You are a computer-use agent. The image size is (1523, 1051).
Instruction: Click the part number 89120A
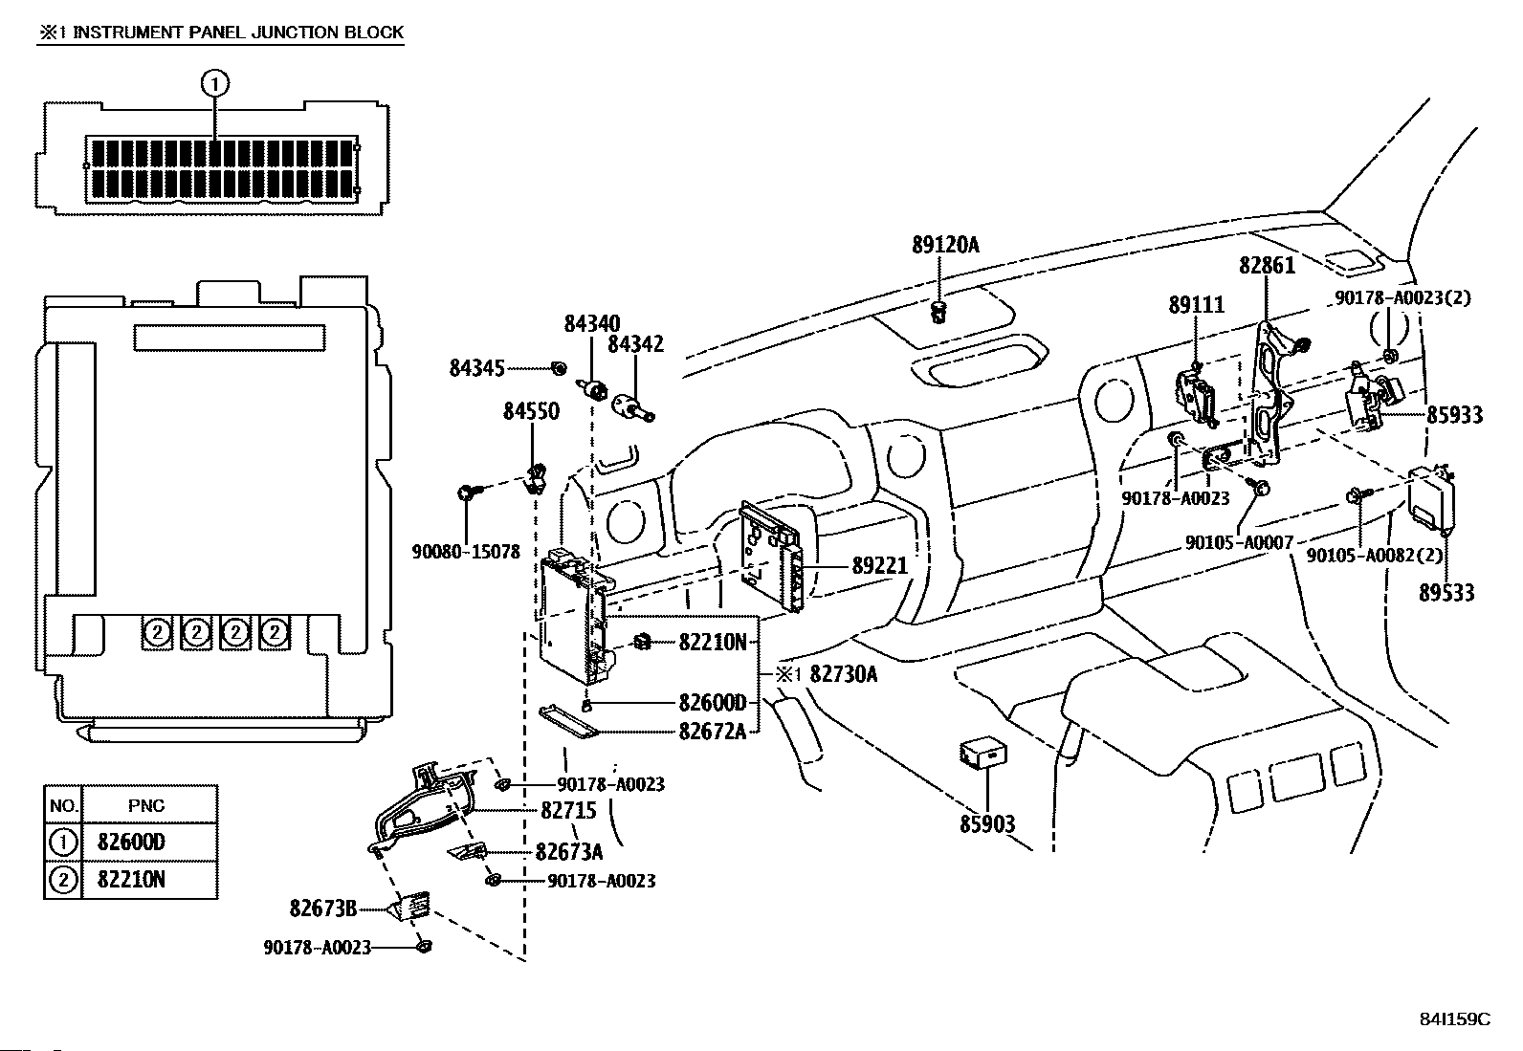click(945, 245)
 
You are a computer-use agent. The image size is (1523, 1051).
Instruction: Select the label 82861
click(1267, 265)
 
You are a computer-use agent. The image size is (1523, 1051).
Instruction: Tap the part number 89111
click(1196, 304)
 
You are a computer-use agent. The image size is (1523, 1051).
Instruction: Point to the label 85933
click(1454, 415)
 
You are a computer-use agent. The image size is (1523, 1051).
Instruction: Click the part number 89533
click(1446, 593)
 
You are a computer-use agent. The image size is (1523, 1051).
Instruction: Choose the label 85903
click(987, 824)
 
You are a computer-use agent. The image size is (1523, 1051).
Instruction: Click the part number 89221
click(880, 565)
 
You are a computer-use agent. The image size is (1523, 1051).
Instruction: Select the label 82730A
click(843, 673)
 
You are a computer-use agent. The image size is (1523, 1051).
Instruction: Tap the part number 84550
click(531, 411)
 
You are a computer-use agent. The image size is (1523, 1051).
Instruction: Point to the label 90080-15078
click(466, 552)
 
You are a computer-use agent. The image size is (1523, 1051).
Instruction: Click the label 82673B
click(323, 909)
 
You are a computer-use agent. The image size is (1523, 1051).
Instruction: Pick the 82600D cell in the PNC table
click(131, 843)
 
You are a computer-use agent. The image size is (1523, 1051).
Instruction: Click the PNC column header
click(146, 805)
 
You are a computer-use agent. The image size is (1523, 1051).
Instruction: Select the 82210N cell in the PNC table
click(131, 880)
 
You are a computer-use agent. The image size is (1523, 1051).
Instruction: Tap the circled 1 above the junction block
click(215, 84)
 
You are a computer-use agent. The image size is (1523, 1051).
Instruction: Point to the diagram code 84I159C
click(1454, 1019)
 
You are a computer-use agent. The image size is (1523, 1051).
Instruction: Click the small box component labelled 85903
click(983, 755)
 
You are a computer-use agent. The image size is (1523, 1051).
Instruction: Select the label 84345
click(476, 368)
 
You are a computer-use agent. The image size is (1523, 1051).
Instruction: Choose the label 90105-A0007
click(1239, 542)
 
